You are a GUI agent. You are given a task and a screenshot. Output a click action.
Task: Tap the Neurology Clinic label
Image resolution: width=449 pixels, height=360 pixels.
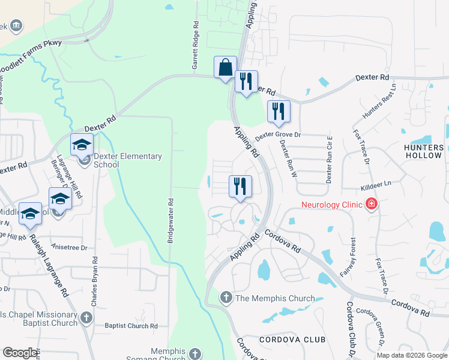(x=331, y=205)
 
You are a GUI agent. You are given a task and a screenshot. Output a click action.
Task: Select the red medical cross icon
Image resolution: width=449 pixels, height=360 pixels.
(x=372, y=205)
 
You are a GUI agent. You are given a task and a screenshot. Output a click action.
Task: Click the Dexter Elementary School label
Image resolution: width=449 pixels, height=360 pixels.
(x=128, y=160)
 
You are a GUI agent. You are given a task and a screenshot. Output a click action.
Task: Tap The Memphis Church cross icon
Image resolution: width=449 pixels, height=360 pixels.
(x=226, y=297)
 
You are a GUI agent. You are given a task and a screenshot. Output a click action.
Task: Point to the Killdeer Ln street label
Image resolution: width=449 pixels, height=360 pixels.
(x=376, y=187)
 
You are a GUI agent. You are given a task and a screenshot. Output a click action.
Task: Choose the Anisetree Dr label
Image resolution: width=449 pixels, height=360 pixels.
(x=71, y=247)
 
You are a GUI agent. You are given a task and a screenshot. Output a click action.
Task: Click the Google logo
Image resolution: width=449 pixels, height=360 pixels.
(x=20, y=353)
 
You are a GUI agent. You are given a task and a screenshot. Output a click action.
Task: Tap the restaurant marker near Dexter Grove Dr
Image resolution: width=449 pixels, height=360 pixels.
(x=278, y=111)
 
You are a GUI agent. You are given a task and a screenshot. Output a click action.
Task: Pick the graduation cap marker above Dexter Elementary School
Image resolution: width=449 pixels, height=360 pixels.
(x=82, y=144)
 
